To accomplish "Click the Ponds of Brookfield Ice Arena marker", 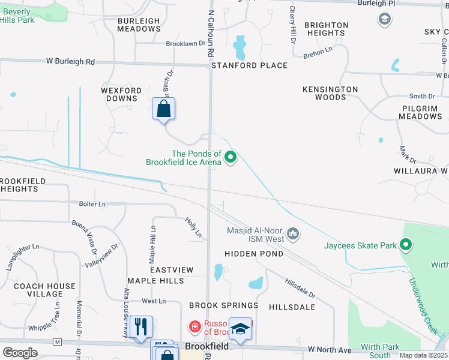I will click(x=231, y=158).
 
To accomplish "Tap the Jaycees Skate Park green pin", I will click(x=406, y=245).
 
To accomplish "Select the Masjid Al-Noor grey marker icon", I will click(x=293, y=233).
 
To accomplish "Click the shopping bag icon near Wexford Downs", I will click(x=164, y=109).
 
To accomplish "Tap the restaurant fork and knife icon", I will click(x=141, y=327).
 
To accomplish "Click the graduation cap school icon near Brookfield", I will click(x=241, y=328).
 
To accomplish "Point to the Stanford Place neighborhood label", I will click(x=249, y=65).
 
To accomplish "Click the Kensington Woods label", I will click(x=330, y=93).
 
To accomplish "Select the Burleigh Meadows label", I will click(x=139, y=25).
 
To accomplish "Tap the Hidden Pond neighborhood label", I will click(x=254, y=254).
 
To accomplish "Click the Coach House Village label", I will click(x=44, y=290).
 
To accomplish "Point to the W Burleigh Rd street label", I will click(x=70, y=61).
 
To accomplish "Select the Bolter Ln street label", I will click(x=92, y=204).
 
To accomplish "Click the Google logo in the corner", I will click(x=20, y=352).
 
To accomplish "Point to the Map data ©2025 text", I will click(x=423, y=355).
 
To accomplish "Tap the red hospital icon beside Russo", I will click(x=195, y=327).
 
